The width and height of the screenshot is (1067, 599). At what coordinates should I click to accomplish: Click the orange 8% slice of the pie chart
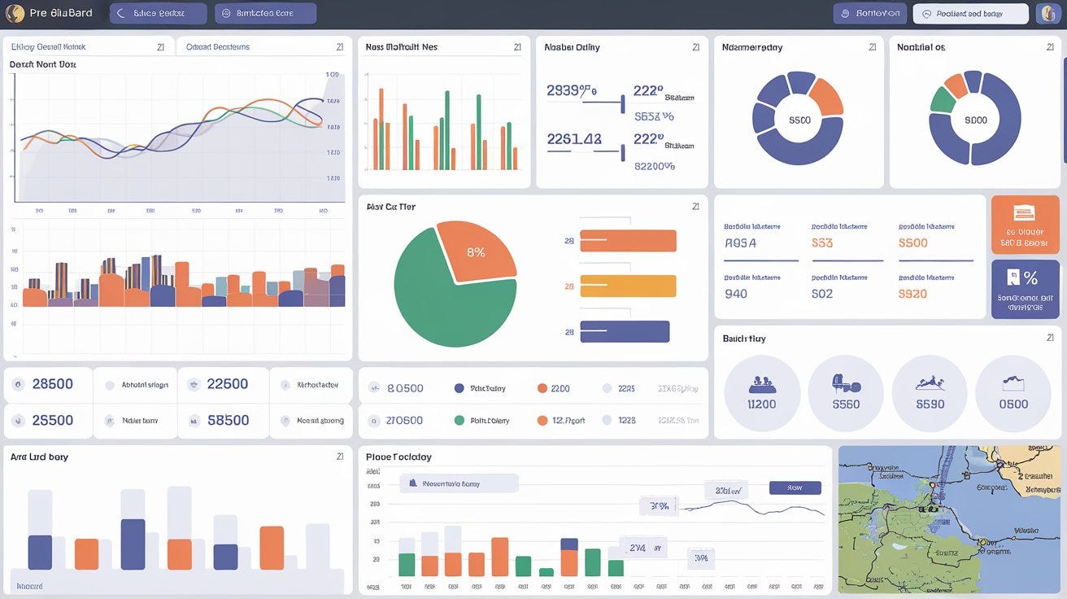click(477, 251)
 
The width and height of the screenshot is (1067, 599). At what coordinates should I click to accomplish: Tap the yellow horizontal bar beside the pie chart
click(627, 286)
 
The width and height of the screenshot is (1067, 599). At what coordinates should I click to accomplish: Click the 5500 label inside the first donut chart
click(799, 120)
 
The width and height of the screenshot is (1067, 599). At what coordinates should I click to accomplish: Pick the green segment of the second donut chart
click(943, 99)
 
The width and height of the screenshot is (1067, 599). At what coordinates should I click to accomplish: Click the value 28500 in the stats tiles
click(53, 384)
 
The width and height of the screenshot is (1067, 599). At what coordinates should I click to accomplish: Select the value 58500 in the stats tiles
click(228, 421)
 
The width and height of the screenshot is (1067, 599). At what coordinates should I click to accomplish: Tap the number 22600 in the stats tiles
click(228, 384)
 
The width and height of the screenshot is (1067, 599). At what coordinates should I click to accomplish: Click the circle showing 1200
click(762, 393)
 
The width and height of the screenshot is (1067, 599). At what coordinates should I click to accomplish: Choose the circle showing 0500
click(1013, 393)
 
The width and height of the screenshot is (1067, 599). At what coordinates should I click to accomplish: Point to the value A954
click(740, 243)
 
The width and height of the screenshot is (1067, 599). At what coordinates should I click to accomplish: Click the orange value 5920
click(912, 294)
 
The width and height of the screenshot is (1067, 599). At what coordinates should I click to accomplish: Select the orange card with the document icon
click(1025, 225)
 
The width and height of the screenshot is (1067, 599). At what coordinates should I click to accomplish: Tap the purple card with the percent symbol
click(1025, 289)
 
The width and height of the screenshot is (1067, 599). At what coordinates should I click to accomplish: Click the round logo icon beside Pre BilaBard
click(15, 13)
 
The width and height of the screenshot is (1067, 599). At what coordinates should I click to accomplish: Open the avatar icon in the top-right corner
click(1047, 13)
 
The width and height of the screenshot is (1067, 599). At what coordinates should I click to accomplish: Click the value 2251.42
click(574, 139)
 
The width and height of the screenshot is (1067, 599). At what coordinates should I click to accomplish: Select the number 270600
click(405, 421)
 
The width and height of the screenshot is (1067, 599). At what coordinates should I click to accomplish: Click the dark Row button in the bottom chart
click(795, 488)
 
